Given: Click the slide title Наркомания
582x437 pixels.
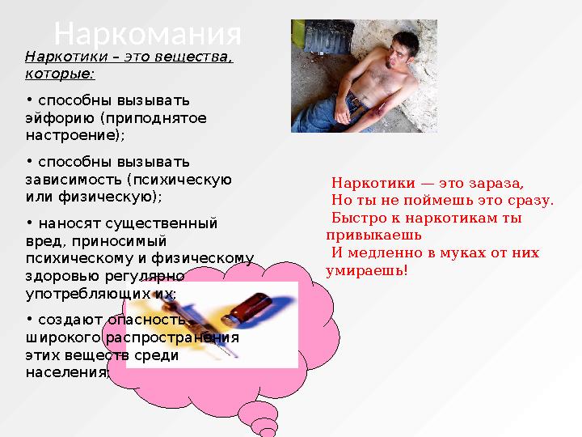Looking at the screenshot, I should tap(147, 34).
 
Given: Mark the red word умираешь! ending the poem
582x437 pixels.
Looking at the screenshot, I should tap(367, 271).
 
